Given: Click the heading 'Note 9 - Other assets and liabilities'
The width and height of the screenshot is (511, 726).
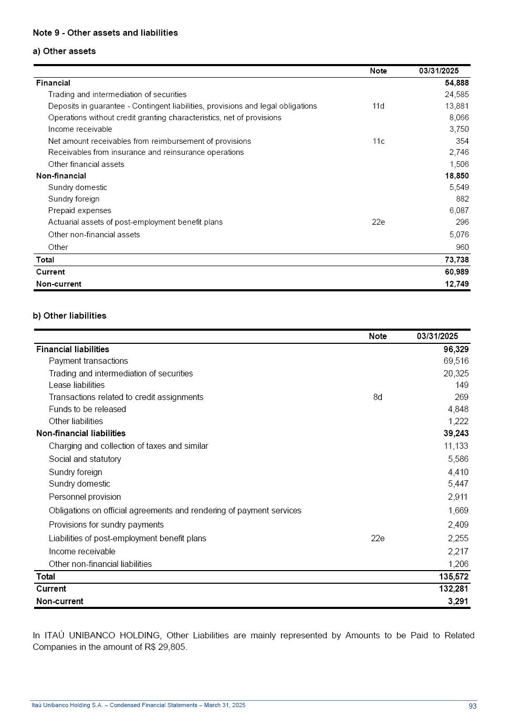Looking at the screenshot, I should coord(105,33).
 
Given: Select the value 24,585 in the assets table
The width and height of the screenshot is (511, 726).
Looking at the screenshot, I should coord(456,94).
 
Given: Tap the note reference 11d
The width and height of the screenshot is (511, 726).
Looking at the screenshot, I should coord(378,106).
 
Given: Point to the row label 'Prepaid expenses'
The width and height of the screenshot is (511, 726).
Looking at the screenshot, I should coord(79,211).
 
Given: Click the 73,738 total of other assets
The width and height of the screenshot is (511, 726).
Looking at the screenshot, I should coord(456,260).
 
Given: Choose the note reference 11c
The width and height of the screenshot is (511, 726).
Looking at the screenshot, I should coord(378,141).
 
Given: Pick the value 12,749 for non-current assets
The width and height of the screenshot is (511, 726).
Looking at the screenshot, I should coord(456,284).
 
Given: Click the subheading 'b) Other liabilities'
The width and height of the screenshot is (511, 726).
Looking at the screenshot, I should coord(69,315).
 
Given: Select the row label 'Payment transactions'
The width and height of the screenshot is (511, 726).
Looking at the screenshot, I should coord(88,361).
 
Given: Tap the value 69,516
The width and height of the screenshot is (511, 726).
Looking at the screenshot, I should coord(456,361).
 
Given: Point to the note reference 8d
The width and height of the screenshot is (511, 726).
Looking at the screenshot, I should coord(378,397).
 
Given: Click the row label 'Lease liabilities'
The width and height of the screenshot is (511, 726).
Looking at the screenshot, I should coord(77,385).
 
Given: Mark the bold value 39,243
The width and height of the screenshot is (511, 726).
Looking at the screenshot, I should coord(456,434).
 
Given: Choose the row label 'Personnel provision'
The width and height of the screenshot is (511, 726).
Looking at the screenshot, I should coord(85,497).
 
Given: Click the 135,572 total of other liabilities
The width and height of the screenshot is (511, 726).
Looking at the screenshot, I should coord(454,576).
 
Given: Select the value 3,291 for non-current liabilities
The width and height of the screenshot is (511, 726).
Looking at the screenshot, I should coord(458,601).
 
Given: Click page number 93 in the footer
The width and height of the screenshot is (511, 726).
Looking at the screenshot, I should coord(472,706).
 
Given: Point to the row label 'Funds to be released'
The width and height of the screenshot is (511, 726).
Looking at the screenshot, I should coord(87,409).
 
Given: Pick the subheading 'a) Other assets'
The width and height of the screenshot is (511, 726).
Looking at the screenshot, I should coord(64,51).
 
